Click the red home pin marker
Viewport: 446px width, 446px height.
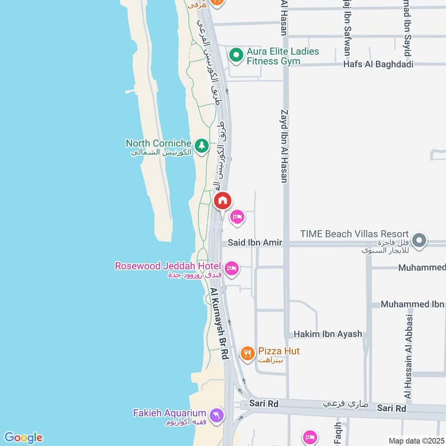(222, 200)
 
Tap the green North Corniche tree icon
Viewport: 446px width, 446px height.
(202, 146)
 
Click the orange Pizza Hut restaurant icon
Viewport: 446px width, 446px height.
(248, 353)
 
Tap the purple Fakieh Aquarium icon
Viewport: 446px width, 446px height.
(217, 415)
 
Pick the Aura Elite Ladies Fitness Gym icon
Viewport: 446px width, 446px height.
(236, 54)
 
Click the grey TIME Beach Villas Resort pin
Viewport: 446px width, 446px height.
(420, 241)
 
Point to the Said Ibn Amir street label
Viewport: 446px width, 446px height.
(255, 243)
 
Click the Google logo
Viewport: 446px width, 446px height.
(23, 438)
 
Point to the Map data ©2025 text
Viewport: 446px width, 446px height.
(415, 440)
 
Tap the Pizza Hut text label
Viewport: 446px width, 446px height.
(279, 351)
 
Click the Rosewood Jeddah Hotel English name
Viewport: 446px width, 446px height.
(168, 266)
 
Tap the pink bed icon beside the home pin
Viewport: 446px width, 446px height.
(237, 216)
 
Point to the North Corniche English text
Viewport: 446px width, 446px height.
(158, 143)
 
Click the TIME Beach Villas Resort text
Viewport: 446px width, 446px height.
(355, 234)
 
